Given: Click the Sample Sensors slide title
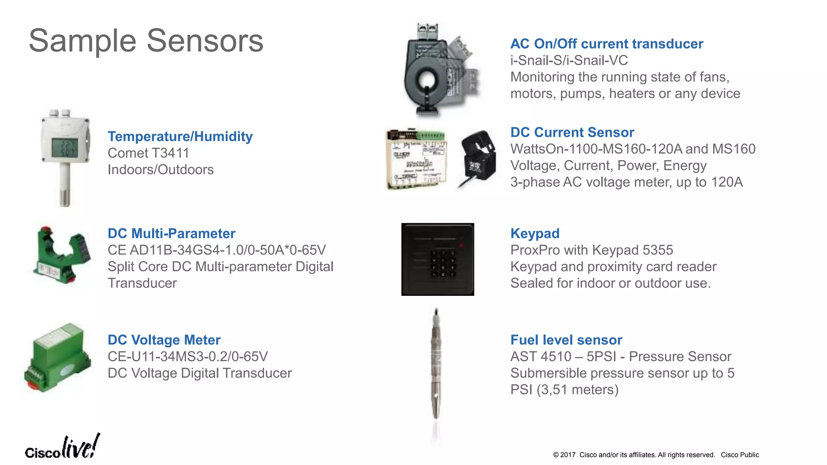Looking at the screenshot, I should point(146,41).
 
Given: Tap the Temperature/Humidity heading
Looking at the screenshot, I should point(180,136).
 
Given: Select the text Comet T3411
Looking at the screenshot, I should point(148,153).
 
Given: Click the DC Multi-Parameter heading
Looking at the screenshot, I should point(171,233).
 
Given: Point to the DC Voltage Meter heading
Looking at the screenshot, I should point(164,340).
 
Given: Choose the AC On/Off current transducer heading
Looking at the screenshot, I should point(607,44).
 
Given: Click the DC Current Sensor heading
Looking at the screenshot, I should point(572,132).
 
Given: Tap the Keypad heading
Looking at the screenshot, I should point(535,233).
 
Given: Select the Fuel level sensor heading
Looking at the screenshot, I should point(566,340).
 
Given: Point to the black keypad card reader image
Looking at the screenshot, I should point(437,259).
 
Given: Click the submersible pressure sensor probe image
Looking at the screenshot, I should point(436,363).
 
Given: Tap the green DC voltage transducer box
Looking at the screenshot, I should point(57,357).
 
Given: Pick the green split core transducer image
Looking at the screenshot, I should point(61,255).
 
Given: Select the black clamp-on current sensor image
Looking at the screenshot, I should point(478,157).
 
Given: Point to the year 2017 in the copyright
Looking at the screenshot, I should point(567,455).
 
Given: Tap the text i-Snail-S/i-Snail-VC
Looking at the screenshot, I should point(569,61).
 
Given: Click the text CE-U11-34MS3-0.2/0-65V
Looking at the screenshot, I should point(187,356).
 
